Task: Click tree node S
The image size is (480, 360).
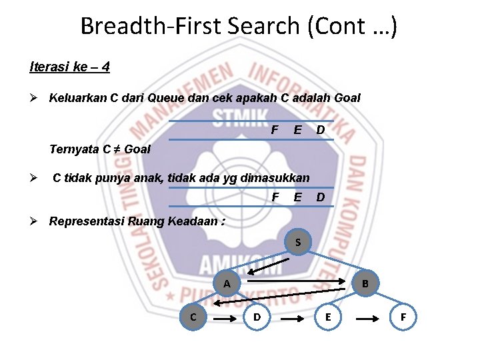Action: pos(297,242)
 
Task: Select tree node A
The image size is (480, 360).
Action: pos(227,283)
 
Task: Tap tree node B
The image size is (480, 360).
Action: pos(365,283)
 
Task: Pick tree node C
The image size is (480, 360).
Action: pos(193,317)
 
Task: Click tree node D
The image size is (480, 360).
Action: pos(257,317)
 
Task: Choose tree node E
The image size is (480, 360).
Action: pos(327,317)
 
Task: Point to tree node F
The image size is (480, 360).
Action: pos(403,317)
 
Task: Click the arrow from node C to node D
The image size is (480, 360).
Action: pos(225,319)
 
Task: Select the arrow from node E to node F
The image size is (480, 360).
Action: pos(367,319)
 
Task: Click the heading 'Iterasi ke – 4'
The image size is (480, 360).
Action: pos(69,67)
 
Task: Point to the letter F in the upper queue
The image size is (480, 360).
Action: pos(275,129)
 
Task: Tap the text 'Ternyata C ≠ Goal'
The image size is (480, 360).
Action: pos(100,149)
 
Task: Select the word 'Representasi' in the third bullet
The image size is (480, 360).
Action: pos(86,221)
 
